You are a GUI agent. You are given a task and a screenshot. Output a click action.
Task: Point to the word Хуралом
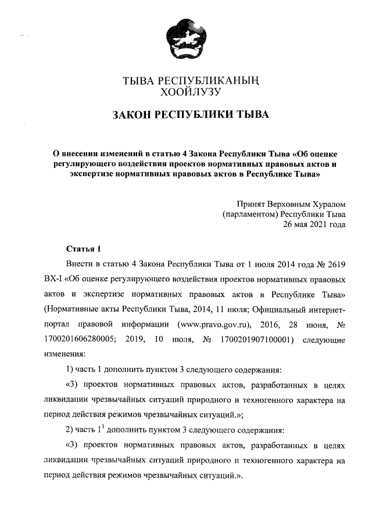coord(327,204)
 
